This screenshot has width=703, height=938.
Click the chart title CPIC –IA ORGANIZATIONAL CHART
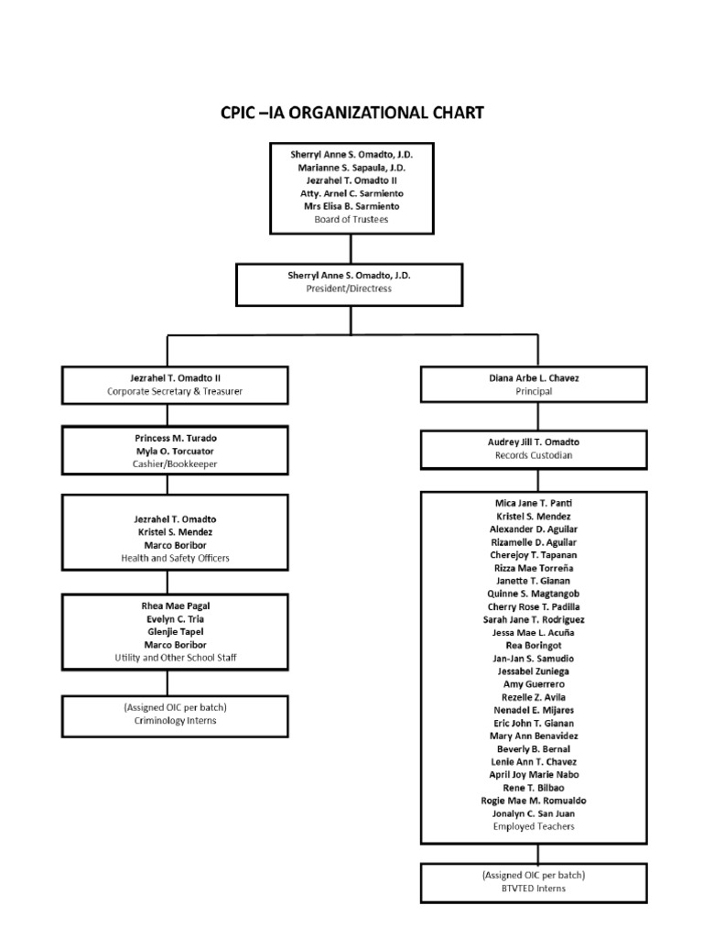coord(351,113)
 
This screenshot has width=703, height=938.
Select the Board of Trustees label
coord(351,219)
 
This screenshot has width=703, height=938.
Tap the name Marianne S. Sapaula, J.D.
coord(351,168)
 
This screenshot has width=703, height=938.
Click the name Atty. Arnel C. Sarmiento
coord(351,193)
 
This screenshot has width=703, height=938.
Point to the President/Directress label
coord(351,288)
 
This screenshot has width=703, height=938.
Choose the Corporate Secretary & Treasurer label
coord(167,390)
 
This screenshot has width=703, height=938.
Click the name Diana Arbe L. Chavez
coord(534,377)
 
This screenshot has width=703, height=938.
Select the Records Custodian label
coord(534,454)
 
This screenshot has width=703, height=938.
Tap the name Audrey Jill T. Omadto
coord(534,442)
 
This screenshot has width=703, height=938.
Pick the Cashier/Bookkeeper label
coord(167,464)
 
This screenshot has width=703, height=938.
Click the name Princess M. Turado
coord(167,438)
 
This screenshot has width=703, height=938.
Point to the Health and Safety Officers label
coord(167,557)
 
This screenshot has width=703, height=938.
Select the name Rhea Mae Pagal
coord(167,605)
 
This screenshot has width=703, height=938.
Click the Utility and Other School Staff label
coord(167,657)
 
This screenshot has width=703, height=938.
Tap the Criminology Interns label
coord(167,720)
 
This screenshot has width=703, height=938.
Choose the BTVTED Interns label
coord(534,888)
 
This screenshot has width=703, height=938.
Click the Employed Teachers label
coord(534,826)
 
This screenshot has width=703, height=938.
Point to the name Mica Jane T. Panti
coord(534,503)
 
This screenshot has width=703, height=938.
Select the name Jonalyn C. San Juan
coord(534,813)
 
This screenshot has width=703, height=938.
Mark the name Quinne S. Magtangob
coord(534,594)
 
